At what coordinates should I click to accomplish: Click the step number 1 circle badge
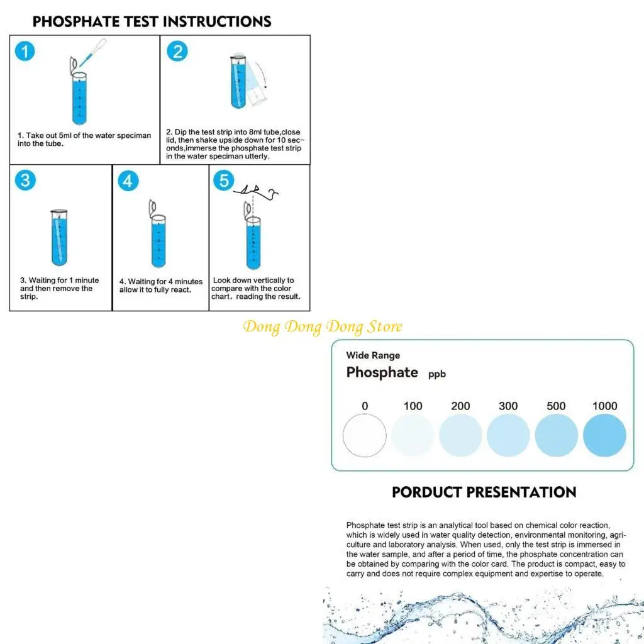click(25, 51)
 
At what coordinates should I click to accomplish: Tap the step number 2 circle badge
click(177, 51)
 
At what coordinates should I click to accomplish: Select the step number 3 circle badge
click(25, 180)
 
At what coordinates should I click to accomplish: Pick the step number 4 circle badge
click(128, 181)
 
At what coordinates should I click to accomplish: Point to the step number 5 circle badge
click(223, 181)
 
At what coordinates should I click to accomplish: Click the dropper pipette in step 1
click(87, 56)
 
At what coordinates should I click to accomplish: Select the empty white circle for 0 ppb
click(365, 435)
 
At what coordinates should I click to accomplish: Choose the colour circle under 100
click(413, 435)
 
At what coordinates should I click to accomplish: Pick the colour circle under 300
click(508, 435)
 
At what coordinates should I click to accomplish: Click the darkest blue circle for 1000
click(604, 435)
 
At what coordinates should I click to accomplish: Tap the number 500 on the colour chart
click(556, 406)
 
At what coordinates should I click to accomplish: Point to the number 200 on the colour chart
click(460, 406)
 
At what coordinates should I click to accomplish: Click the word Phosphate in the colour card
click(382, 372)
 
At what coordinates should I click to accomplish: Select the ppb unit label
click(437, 374)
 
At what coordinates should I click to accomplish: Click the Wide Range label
click(373, 355)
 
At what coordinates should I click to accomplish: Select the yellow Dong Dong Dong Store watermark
click(323, 327)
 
